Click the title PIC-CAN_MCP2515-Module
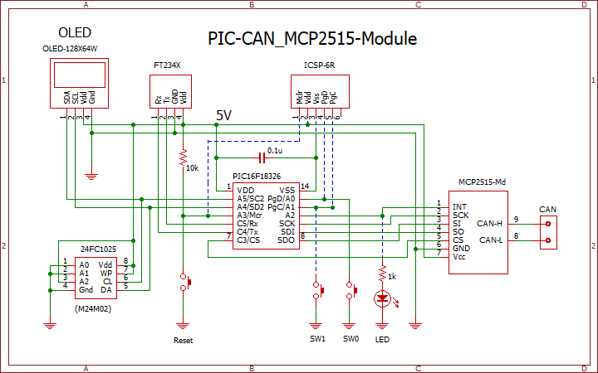point(311,39)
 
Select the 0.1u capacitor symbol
point(262,157)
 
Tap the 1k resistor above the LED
point(382,272)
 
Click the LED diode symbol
point(382,298)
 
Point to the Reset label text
point(183,341)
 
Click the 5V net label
point(223,116)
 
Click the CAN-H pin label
point(489,223)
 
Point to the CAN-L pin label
point(489,240)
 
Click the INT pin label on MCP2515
point(459,206)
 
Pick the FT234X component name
point(167,65)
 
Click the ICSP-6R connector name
point(318,65)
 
